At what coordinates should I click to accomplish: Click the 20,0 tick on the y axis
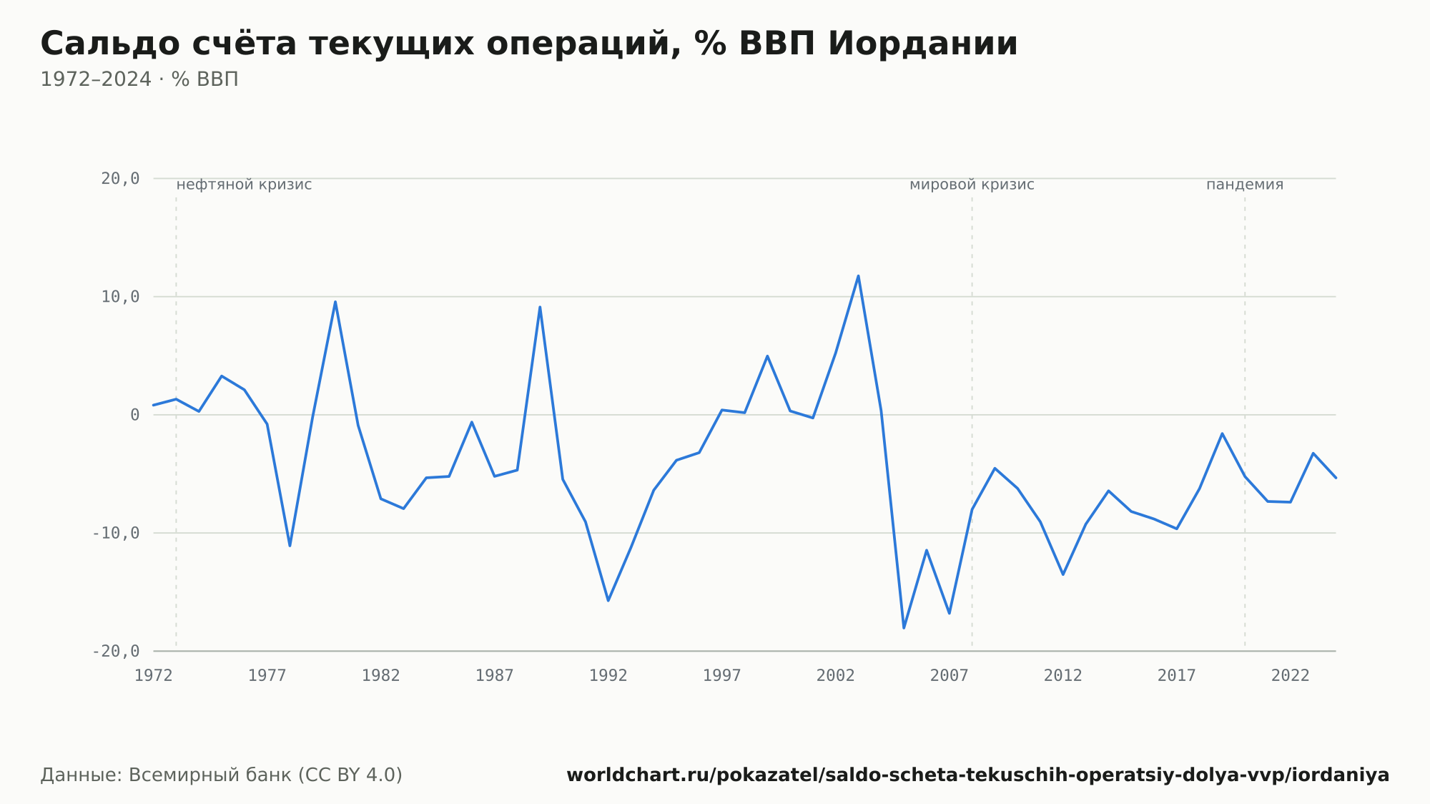coord(120,179)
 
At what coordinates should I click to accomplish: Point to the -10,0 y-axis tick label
coord(116,533)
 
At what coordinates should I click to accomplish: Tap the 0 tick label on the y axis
coord(135,415)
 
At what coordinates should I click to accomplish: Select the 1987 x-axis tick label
coord(495,675)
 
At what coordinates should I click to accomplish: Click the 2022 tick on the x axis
coord(1291,675)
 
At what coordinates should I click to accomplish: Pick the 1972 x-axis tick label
coord(154,675)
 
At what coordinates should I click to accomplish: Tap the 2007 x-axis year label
coord(950,675)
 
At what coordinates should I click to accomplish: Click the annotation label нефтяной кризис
coord(244,185)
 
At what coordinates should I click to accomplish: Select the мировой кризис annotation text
coord(972,185)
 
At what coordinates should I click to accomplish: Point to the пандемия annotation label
coord(1245,185)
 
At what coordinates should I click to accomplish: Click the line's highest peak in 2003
coord(858,276)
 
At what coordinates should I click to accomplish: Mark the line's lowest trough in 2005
coord(904,627)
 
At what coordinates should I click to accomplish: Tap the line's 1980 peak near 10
coord(335,302)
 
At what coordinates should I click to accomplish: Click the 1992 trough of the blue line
coord(608,600)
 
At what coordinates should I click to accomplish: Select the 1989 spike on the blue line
coord(540,307)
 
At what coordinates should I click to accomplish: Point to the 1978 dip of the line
coord(290,546)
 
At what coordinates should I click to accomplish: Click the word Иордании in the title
coord(922,44)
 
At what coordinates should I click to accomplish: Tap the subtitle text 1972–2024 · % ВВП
coord(139,79)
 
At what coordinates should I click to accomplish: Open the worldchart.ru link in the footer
coord(977,775)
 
